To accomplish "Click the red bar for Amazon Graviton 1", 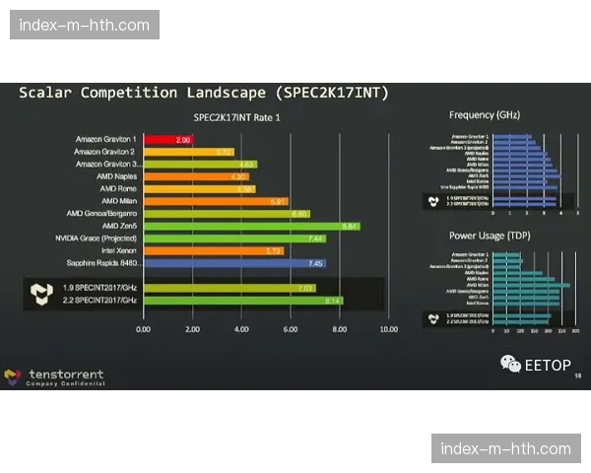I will click(x=168, y=140).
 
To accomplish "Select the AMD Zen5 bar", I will click(x=251, y=226).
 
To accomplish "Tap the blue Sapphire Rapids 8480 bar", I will click(x=234, y=263).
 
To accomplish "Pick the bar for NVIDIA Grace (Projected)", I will click(x=234, y=238).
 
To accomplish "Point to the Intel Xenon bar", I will click(x=213, y=250).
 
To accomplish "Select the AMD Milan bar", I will click(x=216, y=201).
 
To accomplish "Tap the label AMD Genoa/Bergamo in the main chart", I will click(x=102, y=214).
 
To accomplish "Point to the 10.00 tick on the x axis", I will click(x=388, y=329).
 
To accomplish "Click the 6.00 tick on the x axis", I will click(x=291, y=329).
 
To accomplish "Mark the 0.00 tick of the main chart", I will click(x=144, y=329).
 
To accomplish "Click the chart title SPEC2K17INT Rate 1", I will click(x=237, y=118).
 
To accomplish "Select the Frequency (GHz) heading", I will click(x=485, y=115).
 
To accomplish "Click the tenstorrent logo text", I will click(x=66, y=374).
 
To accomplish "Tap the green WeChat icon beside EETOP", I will click(x=510, y=365).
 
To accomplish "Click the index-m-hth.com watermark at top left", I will click(x=87, y=25).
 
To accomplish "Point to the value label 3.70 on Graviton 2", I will click(x=224, y=152).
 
